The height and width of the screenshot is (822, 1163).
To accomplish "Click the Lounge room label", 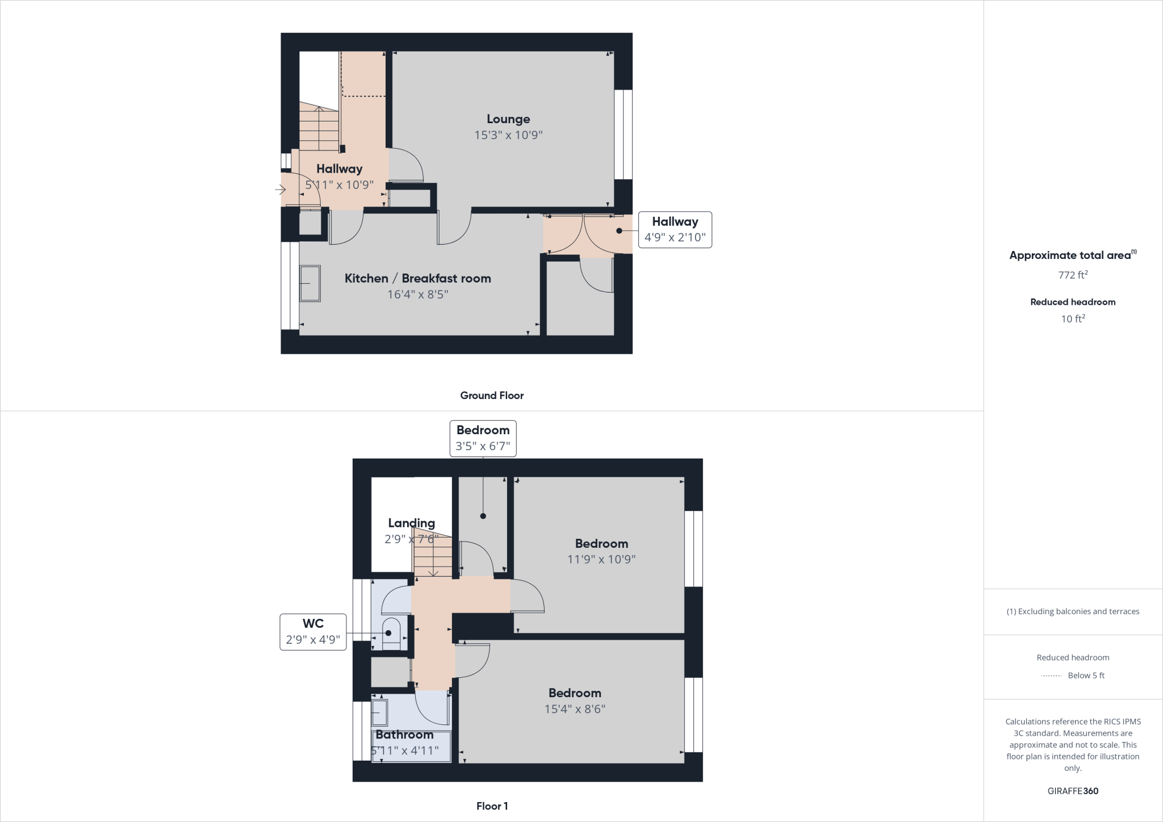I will [x=508, y=119].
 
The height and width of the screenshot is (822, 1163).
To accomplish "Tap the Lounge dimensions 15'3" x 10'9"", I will [x=508, y=135].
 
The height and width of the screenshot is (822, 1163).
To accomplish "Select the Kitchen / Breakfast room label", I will [x=417, y=278].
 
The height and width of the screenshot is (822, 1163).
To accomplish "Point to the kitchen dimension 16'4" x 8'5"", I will [x=417, y=294].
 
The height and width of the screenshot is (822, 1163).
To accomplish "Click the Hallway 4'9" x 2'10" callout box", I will [x=675, y=229].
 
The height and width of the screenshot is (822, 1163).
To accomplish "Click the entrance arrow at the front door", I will [x=280, y=190].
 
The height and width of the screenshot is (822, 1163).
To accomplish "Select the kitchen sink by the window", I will [x=309, y=283].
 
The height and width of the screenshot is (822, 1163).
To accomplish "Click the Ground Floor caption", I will [x=492, y=396].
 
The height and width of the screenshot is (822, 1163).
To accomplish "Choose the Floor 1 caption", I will [x=492, y=806].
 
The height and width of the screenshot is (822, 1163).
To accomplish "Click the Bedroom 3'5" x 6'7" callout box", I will [x=483, y=438].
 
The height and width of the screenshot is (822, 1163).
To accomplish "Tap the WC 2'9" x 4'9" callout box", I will [x=313, y=632].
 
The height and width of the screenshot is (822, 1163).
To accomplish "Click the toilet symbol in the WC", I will [x=391, y=635].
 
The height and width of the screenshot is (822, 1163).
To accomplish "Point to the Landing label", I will [x=411, y=523].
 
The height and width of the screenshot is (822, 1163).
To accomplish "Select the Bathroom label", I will [x=404, y=735].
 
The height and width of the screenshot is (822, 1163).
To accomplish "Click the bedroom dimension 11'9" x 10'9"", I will [x=601, y=559].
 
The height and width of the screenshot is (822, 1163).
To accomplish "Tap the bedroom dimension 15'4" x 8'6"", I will [x=575, y=709].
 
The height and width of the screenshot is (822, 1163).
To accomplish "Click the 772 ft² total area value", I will [x=1073, y=275].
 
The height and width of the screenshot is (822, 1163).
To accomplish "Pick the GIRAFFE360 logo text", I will [x=1073, y=791].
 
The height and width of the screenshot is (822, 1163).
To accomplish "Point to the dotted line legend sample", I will [x=1052, y=676].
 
